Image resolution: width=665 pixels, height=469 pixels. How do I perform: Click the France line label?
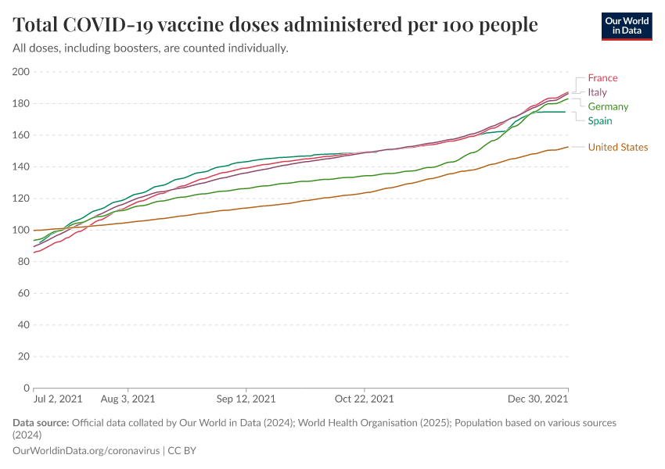(602, 78)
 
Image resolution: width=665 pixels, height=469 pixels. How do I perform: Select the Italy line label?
(597, 92)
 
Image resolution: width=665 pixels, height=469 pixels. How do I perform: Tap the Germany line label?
(608, 106)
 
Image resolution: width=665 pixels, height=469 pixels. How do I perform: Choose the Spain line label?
(600, 120)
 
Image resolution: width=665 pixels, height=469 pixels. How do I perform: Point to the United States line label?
(617, 147)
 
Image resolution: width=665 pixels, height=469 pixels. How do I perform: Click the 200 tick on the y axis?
(21, 72)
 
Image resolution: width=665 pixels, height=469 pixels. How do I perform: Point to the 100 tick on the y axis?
(21, 230)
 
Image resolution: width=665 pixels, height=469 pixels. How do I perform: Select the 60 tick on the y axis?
(23, 293)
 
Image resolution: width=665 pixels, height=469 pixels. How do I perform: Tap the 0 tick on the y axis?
(27, 388)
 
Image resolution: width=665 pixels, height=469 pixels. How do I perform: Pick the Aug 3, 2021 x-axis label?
(129, 399)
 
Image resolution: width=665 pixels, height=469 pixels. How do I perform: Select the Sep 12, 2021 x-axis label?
(246, 399)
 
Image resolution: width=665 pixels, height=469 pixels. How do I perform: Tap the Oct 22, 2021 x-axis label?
(365, 399)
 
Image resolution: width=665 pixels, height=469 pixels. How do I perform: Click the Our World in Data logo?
(627, 26)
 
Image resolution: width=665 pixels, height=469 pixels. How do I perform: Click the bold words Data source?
(41, 423)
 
